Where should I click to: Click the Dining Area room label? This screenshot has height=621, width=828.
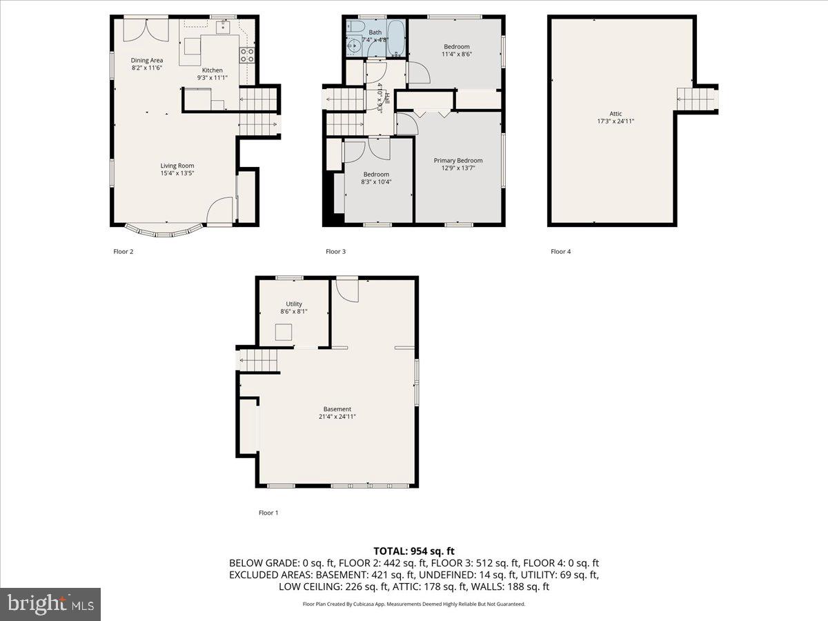[147, 60]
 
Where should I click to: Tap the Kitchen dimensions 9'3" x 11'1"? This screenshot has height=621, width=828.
[212, 78]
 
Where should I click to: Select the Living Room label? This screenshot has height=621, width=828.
[177, 166]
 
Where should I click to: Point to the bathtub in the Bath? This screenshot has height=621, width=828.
[396, 37]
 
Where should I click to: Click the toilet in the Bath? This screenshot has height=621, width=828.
[355, 28]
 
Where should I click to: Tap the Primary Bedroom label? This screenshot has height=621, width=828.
[457, 161]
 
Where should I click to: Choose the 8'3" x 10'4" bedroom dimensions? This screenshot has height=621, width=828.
[376, 182]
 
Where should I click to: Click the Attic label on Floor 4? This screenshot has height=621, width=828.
[615, 114]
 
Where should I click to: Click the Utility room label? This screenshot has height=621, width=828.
[294, 304]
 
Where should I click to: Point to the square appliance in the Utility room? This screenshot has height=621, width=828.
[283, 333]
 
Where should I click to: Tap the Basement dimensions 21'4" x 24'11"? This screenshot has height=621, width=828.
[337, 417]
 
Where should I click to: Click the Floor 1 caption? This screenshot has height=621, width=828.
[268, 513]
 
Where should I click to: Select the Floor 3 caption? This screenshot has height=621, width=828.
[335, 252]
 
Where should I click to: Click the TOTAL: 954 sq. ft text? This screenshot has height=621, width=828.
[414, 551]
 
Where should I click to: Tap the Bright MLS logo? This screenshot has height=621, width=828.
[50, 604]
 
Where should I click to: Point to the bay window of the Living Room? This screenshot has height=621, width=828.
[164, 230]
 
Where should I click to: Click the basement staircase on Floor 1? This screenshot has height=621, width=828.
[258, 359]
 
